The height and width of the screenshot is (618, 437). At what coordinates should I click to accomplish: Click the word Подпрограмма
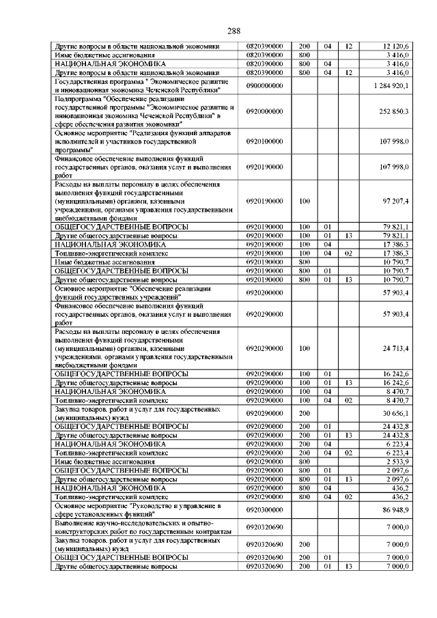76,99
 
